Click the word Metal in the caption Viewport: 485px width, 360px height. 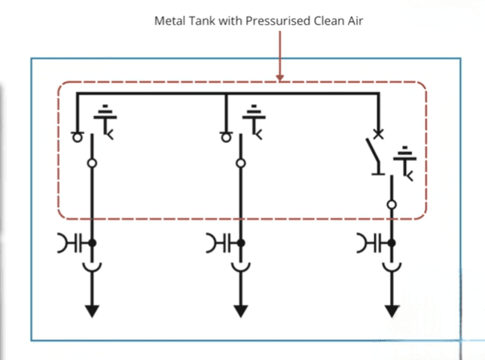[x=169, y=21]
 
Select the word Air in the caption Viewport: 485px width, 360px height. [x=355, y=21]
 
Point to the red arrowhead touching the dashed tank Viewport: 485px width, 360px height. [x=280, y=78]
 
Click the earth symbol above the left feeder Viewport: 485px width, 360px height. [x=105, y=121]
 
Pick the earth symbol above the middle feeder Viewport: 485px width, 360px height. [x=254, y=121]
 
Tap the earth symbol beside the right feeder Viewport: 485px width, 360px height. [x=405, y=163]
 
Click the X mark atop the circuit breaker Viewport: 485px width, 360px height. [x=378, y=134]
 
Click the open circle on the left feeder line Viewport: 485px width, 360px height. [x=92, y=163]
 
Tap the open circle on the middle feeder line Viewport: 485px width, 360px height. [x=241, y=163]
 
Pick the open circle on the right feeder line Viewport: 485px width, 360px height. [x=392, y=204]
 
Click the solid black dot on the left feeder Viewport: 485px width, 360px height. [x=92, y=243]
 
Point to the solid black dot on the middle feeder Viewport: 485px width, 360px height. [x=241, y=243]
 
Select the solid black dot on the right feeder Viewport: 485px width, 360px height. [x=392, y=243]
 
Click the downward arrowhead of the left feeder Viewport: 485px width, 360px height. [x=92, y=311]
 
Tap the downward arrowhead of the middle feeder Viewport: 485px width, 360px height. [x=241, y=311]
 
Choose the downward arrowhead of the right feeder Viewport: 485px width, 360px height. [x=392, y=311]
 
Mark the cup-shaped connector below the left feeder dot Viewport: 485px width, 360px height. [x=92, y=269]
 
